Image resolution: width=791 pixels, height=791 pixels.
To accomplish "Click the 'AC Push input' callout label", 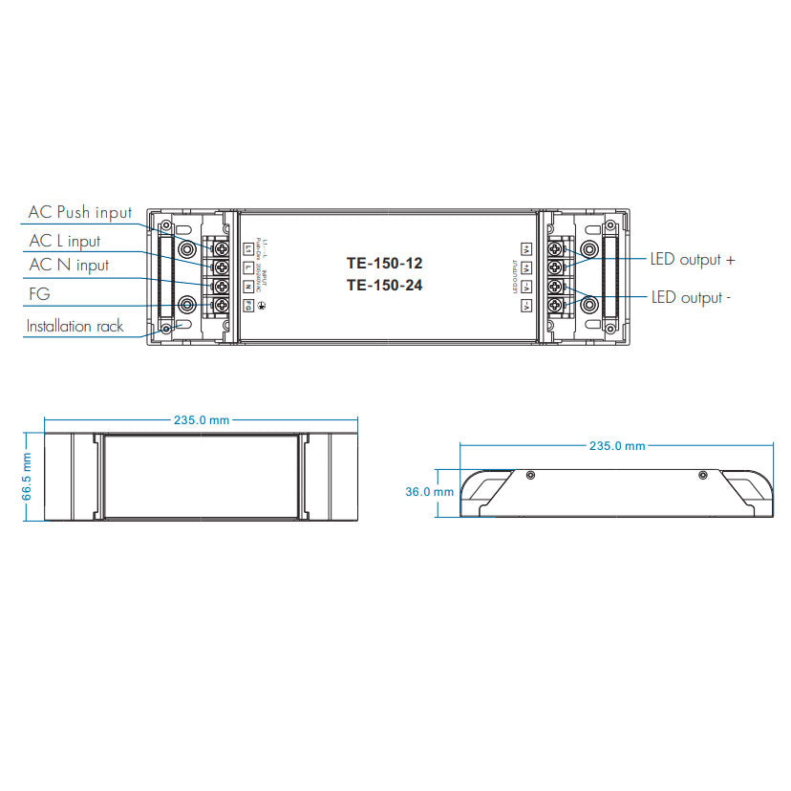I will [80, 212].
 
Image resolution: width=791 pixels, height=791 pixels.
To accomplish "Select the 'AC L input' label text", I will [64, 241].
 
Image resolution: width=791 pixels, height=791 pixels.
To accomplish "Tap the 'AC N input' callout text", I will [68, 265].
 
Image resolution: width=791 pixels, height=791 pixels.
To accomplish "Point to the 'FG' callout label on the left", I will [40, 296].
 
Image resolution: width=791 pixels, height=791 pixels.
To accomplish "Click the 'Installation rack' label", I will [75, 326].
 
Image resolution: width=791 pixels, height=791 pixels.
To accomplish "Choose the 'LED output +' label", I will [693, 259].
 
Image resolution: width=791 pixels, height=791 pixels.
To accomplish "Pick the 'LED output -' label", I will [692, 297].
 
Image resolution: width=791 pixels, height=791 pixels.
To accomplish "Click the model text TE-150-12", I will [384, 262].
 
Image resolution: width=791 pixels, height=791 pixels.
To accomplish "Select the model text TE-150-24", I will [384, 285].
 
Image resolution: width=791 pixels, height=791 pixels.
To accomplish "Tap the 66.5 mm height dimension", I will [28, 476].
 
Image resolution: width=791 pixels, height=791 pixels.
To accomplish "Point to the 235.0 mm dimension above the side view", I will [616, 446].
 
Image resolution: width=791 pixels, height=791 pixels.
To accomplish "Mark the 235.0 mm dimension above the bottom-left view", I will [202, 420].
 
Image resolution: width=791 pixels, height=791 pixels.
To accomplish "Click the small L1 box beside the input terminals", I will [248, 249].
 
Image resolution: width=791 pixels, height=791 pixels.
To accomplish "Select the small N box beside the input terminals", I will [247, 287].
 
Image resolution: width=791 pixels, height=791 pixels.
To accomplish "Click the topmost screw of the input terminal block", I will [221, 249].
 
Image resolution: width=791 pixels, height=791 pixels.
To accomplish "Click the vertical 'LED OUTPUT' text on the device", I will [513, 277].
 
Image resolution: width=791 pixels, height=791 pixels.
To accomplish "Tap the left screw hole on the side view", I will [531, 475].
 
